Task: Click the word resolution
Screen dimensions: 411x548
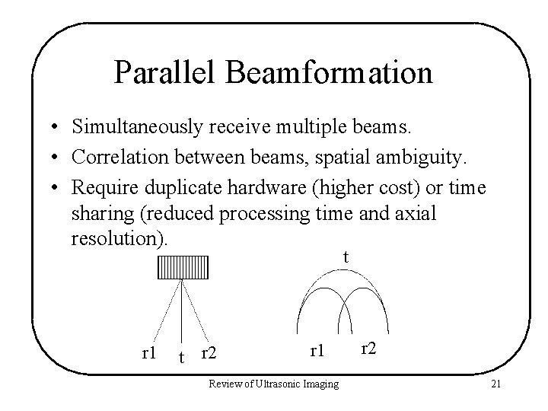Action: (115, 239)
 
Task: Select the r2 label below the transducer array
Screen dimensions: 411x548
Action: (208, 353)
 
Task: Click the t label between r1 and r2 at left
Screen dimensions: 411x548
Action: (180, 356)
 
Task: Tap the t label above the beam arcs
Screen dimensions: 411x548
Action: (346, 257)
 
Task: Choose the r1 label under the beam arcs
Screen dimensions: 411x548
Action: (317, 351)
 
